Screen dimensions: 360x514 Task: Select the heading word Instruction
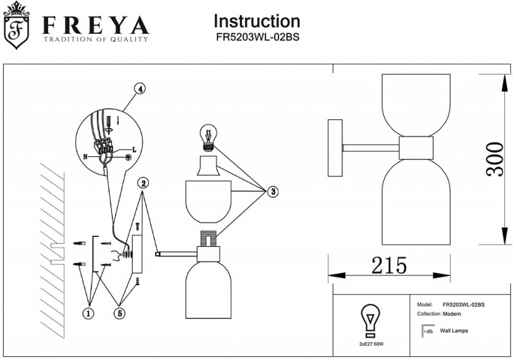pos(257,21)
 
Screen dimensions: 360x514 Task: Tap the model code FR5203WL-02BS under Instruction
pos(257,37)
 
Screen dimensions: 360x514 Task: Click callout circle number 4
pos(139,89)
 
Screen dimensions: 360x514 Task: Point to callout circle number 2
pos(144,183)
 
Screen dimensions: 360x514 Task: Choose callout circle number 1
pos(88,313)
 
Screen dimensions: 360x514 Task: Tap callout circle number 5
pos(120,313)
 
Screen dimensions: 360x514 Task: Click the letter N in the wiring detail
pos(85,156)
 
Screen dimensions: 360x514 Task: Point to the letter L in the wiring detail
pos(134,148)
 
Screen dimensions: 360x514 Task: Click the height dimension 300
pos(495,158)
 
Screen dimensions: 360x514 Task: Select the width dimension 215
pos(389,265)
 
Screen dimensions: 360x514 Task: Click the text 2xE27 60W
pos(372,342)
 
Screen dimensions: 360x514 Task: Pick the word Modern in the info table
pos(452,314)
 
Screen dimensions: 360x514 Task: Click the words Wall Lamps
pos(454,331)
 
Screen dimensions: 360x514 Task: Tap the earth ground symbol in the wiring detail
pos(129,158)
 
